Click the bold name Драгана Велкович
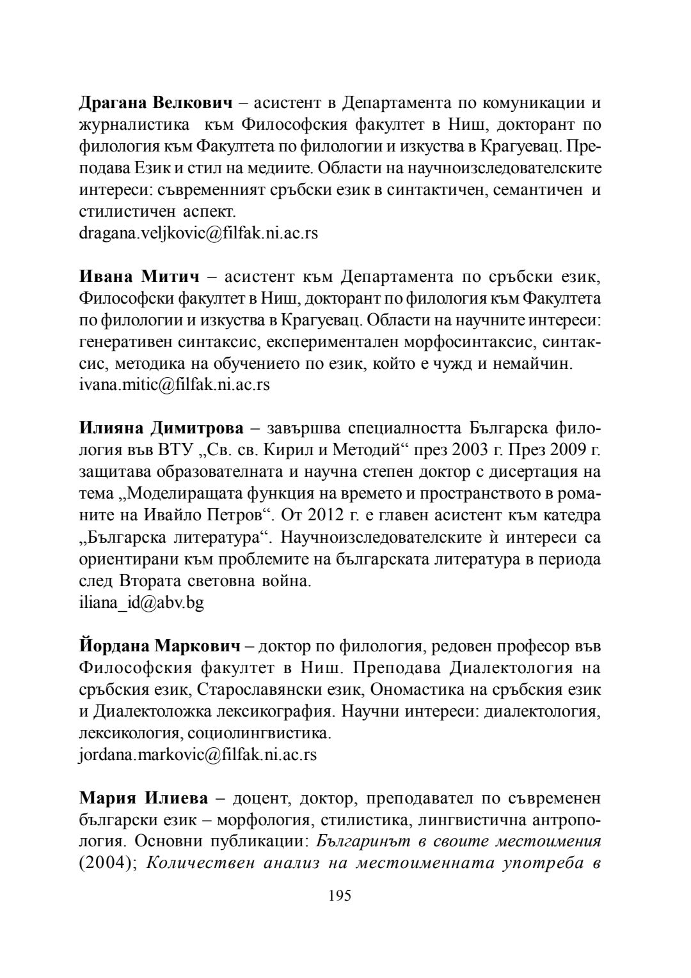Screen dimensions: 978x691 click(155, 103)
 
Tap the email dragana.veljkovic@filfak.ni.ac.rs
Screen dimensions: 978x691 click(198, 233)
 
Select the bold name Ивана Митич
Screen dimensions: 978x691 click(139, 277)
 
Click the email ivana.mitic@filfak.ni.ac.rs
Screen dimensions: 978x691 click(174, 385)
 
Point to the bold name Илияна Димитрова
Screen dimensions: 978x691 click(161, 428)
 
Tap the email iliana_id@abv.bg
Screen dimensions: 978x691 click(141, 603)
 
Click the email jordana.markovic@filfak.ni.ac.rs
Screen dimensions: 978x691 click(198, 755)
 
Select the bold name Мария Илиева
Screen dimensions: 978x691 click(144, 798)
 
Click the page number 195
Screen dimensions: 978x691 click(340, 896)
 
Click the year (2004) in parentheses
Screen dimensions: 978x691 click(106, 864)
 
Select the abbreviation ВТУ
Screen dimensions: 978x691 click(174, 451)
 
